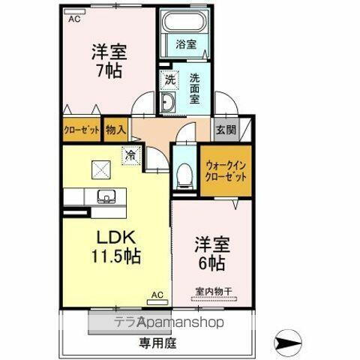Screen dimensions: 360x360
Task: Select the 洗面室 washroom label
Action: pyautogui.click(x=195, y=88)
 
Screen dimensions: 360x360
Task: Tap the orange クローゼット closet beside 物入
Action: pyautogui.click(x=81, y=130)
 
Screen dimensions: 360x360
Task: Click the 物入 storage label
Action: pyautogui.click(x=115, y=130)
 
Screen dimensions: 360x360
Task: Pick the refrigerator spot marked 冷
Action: pyautogui.click(x=132, y=156)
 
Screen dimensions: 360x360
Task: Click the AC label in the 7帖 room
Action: pyautogui.click(x=73, y=19)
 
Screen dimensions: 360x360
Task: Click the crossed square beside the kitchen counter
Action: pyautogui.click(x=98, y=169)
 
